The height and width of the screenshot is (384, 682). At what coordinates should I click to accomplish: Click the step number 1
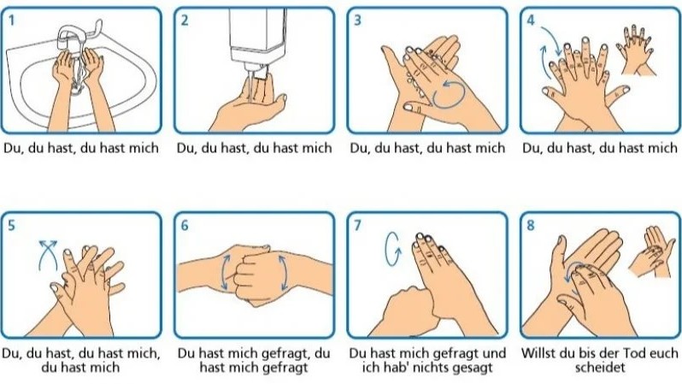(x=12, y=21)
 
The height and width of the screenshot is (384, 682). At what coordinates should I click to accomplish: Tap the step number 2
(x=185, y=21)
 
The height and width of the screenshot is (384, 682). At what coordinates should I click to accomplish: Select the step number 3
(x=357, y=21)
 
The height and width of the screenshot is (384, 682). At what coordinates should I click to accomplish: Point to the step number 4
(x=531, y=21)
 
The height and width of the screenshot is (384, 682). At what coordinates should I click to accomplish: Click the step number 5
(x=12, y=226)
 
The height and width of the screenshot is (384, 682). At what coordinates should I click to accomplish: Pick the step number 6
(x=185, y=226)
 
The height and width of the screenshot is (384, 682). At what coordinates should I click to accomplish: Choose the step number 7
(x=357, y=226)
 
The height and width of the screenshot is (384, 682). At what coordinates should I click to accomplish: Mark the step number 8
(x=531, y=226)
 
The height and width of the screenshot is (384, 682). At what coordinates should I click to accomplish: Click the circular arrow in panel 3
(x=449, y=92)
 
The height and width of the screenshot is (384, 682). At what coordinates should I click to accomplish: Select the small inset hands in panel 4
(x=636, y=50)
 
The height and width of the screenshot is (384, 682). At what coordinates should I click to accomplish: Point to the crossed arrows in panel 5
(x=48, y=256)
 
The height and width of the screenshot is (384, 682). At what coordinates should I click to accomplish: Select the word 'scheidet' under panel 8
(x=600, y=368)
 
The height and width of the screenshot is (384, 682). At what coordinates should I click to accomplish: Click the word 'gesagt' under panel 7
(x=473, y=368)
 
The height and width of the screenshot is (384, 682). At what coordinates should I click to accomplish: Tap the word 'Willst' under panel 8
(x=537, y=352)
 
